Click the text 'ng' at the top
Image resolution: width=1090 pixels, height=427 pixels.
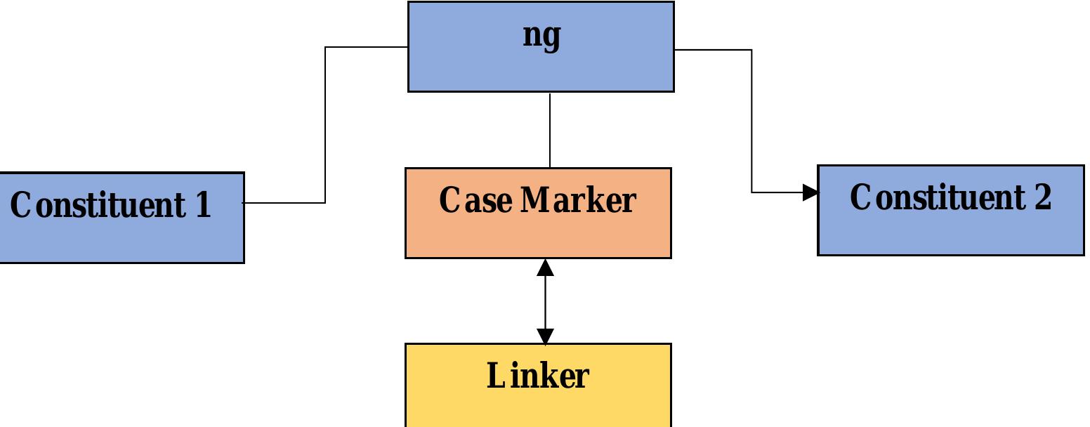[541, 35]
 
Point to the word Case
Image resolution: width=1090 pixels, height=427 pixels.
[475, 200]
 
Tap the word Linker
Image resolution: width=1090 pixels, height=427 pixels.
[537, 376]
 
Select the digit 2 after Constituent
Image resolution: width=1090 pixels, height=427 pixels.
[1042, 197]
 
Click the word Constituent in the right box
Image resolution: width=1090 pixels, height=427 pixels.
[937, 197]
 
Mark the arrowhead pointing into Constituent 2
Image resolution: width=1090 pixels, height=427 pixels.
[810, 192]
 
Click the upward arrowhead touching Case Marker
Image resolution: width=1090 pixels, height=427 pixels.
[545, 268]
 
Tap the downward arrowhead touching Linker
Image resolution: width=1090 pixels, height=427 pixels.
[545, 336]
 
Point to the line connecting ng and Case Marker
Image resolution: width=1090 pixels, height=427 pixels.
[550, 130]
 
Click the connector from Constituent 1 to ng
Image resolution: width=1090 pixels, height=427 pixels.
[325, 126]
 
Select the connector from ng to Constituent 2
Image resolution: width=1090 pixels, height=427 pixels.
[752, 119]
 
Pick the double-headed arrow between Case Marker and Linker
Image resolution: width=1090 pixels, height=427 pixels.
[545, 302]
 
